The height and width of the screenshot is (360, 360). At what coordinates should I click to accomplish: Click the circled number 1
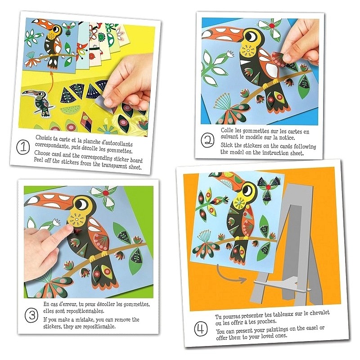(x=23, y=147)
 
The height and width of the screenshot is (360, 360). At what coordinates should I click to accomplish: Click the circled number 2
(x=207, y=140)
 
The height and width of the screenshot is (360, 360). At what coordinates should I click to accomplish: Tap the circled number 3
(x=31, y=315)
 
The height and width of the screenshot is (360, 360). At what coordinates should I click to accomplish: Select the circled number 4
(x=201, y=328)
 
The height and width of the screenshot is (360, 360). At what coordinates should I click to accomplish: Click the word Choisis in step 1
(x=43, y=138)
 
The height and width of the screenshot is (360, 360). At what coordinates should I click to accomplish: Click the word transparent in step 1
(x=114, y=165)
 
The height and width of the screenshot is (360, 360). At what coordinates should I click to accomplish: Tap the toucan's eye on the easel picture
(x=247, y=190)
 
